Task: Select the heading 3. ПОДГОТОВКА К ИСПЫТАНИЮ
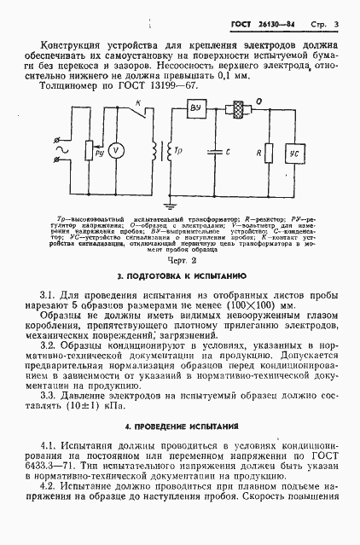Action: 180,277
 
